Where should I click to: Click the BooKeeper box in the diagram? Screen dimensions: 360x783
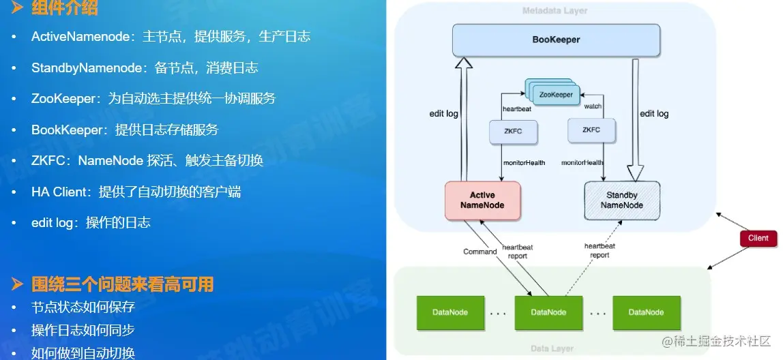click(x=556, y=40)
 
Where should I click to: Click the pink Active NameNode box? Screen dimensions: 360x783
click(x=482, y=200)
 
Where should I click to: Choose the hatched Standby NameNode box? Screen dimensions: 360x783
click(x=621, y=200)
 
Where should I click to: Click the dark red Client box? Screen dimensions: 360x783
click(x=758, y=238)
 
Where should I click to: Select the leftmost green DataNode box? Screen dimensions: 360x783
click(x=449, y=312)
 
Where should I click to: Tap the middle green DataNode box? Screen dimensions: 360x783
click(x=548, y=312)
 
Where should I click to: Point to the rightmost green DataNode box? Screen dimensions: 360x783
click(x=646, y=312)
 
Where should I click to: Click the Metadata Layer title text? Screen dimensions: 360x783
click(x=555, y=11)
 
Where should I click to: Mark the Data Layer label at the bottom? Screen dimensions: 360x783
click(x=552, y=349)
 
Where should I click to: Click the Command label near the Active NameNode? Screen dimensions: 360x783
click(x=480, y=252)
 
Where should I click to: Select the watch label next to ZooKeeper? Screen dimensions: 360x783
click(x=593, y=106)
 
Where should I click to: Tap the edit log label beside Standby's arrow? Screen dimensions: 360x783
click(x=653, y=114)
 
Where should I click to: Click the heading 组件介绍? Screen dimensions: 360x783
click(x=65, y=9)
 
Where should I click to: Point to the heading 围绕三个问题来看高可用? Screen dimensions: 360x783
click(x=123, y=284)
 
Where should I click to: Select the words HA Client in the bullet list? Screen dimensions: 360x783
click(x=59, y=192)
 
